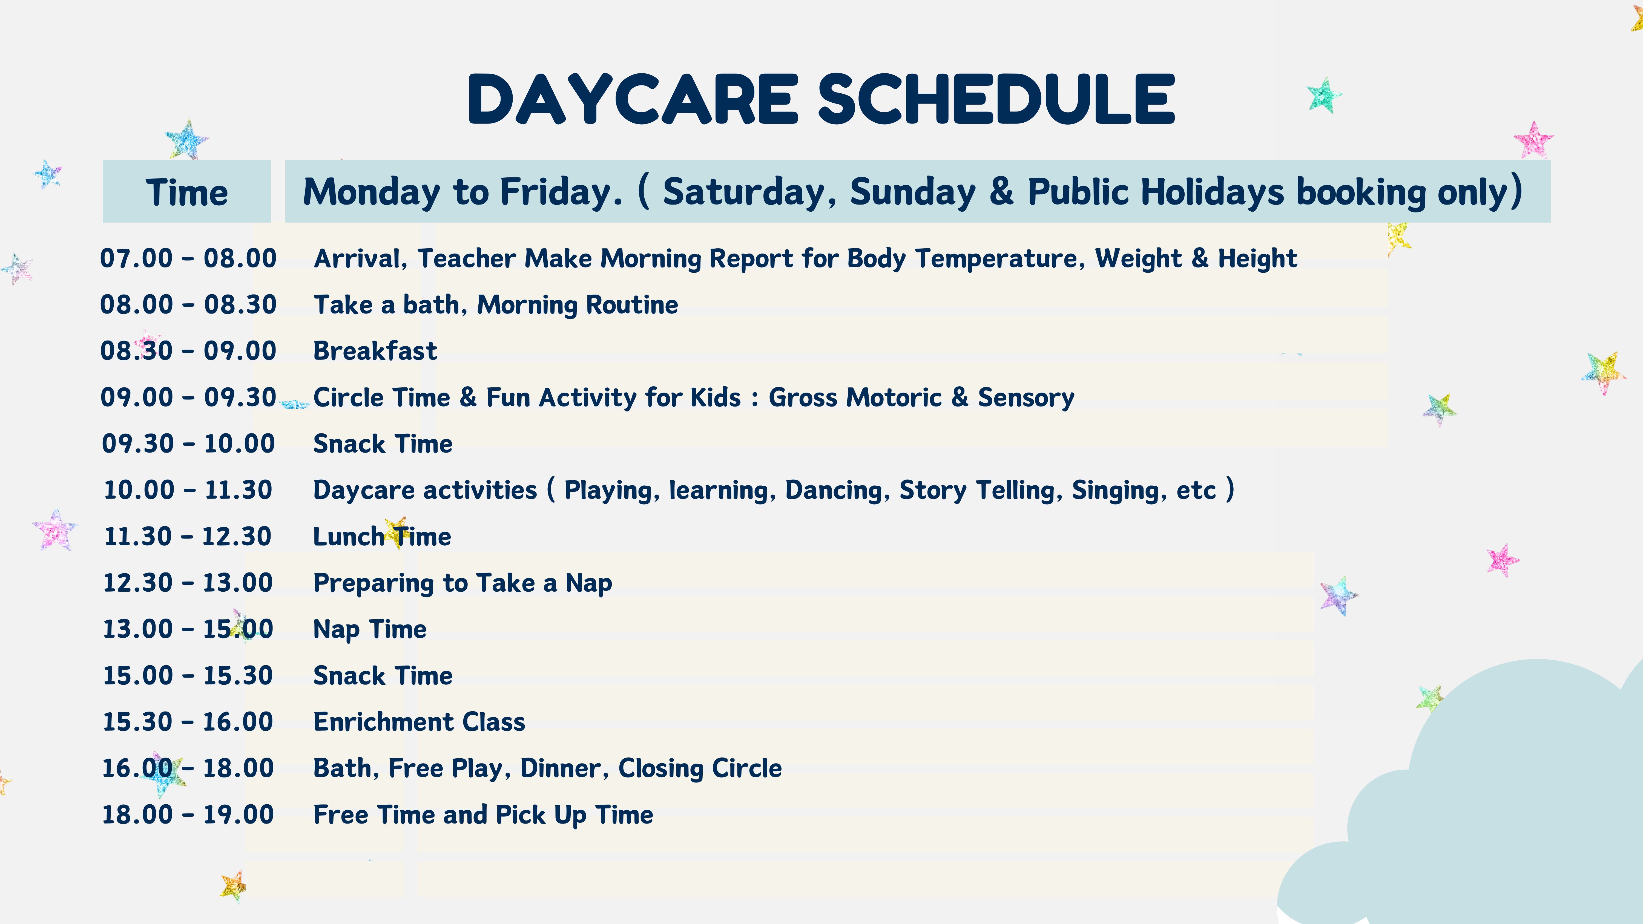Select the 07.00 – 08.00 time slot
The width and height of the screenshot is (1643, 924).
(188, 258)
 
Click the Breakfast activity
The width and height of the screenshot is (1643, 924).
(375, 351)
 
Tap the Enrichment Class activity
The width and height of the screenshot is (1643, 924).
(419, 722)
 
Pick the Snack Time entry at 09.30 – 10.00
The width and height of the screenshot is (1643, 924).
(383, 444)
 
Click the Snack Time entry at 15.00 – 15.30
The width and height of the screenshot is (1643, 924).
(383, 675)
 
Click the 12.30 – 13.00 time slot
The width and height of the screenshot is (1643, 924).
(188, 583)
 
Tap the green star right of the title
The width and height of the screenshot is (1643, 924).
(1324, 96)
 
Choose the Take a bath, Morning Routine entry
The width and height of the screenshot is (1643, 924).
(496, 305)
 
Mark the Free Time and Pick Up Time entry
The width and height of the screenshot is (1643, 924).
(483, 815)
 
